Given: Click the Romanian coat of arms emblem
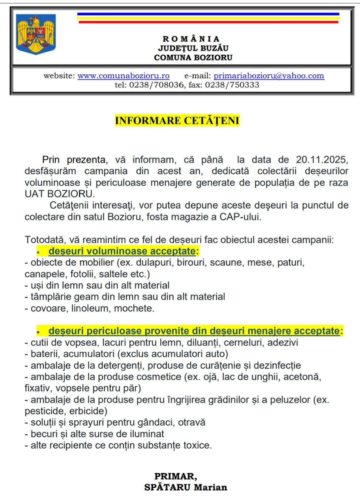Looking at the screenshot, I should click(x=36, y=34).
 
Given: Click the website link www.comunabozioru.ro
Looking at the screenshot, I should click(x=123, y=76).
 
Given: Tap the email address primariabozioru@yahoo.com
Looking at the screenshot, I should click(x=269, y=76).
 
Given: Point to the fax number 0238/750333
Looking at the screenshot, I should click(x=232, y=85).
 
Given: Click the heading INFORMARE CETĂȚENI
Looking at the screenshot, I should click(x=177, y=120).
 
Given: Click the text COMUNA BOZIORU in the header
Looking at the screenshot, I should click(x=193, y=58).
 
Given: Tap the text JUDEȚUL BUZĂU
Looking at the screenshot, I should click(x=193, y=48).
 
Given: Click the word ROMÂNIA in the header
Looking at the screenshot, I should click(x=191, y=39).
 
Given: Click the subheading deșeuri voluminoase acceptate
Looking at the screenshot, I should click(x=122, y=251).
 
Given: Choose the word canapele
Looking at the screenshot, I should click(x=43, y=274).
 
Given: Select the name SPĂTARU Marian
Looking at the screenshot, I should click(x=186, y=487).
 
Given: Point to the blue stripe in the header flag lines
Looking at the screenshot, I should click(x=208, y=14).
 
